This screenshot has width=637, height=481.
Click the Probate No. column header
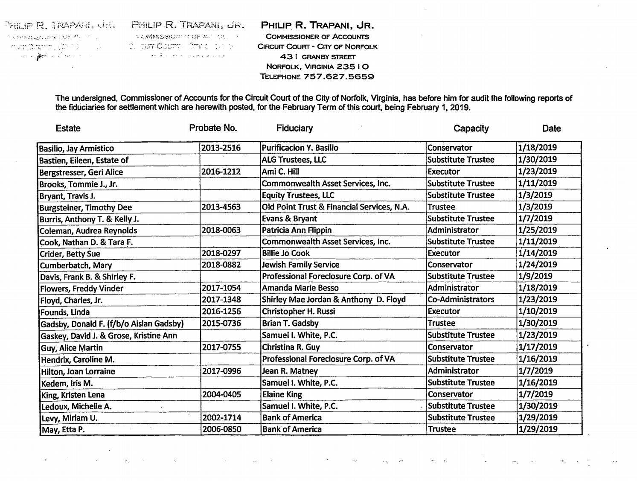point(213,128)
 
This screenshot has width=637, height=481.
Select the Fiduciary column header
point(294,128)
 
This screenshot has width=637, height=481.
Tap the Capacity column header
point(471,128)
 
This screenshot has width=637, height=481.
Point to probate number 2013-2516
point(221,148)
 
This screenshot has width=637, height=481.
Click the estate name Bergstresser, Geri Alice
point(81,172)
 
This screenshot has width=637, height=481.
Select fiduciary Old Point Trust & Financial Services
point(335,207)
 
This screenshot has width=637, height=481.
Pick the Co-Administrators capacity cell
point(461,300)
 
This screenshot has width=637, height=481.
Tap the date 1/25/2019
point(538,230)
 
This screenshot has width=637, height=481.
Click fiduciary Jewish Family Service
point(300,265)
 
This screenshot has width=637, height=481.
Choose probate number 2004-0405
point(221,394)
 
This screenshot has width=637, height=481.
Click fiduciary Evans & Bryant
point(289,219)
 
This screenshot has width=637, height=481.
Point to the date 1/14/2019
point(538,253)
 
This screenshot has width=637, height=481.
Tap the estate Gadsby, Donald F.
point(112,324)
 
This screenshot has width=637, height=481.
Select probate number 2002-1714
point(221,418)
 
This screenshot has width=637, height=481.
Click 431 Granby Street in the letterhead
point(317,57)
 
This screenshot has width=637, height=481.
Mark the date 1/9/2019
point(535,276)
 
